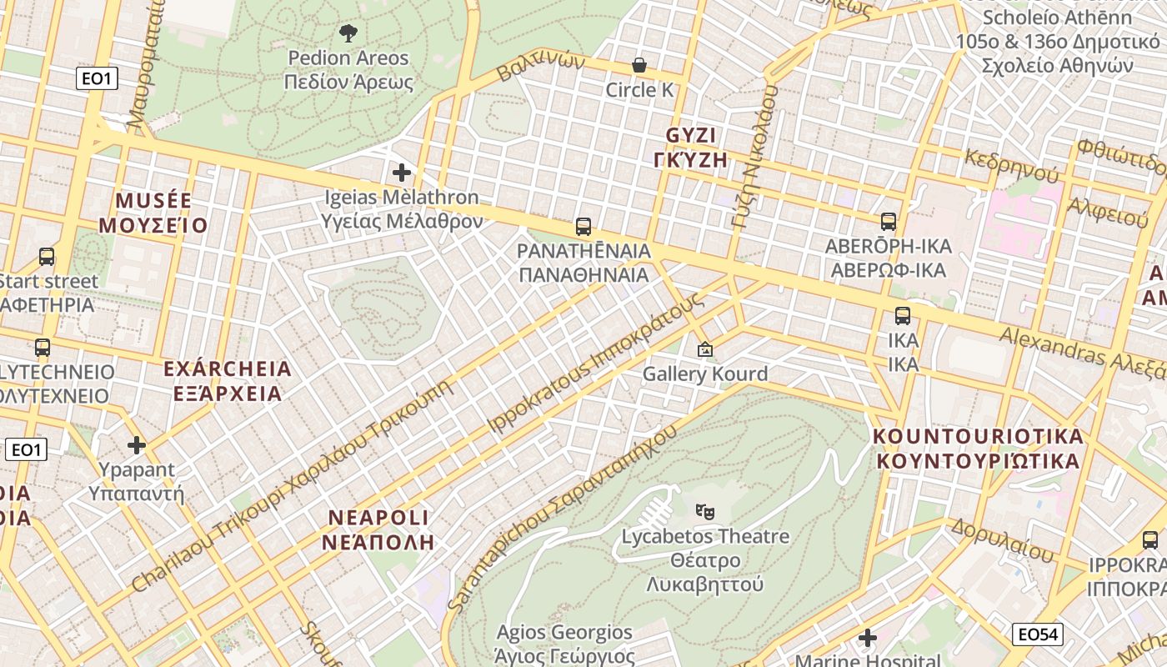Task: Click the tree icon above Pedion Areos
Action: [348, 33]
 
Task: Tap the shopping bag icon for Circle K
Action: [639, 65]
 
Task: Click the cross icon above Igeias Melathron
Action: [402, 173]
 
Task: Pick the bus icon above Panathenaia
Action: [583, 227]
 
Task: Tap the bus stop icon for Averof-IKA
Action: [889, 222]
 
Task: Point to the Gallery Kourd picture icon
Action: [705, 350]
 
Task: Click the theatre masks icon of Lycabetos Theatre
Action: [705, 510]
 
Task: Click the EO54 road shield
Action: [1038, 634]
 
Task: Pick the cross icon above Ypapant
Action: [137, 445]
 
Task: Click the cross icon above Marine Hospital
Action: [868, 638]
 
